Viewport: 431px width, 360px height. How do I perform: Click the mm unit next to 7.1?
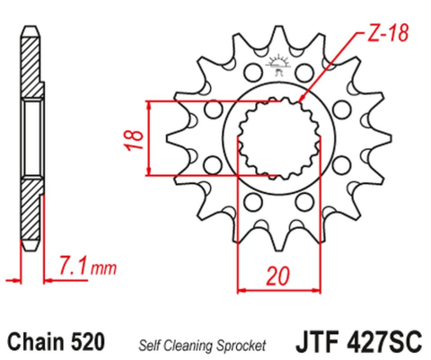[107, 268]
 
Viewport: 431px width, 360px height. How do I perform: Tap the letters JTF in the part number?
[314, 343]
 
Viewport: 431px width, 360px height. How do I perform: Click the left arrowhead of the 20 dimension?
[242, 289]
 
